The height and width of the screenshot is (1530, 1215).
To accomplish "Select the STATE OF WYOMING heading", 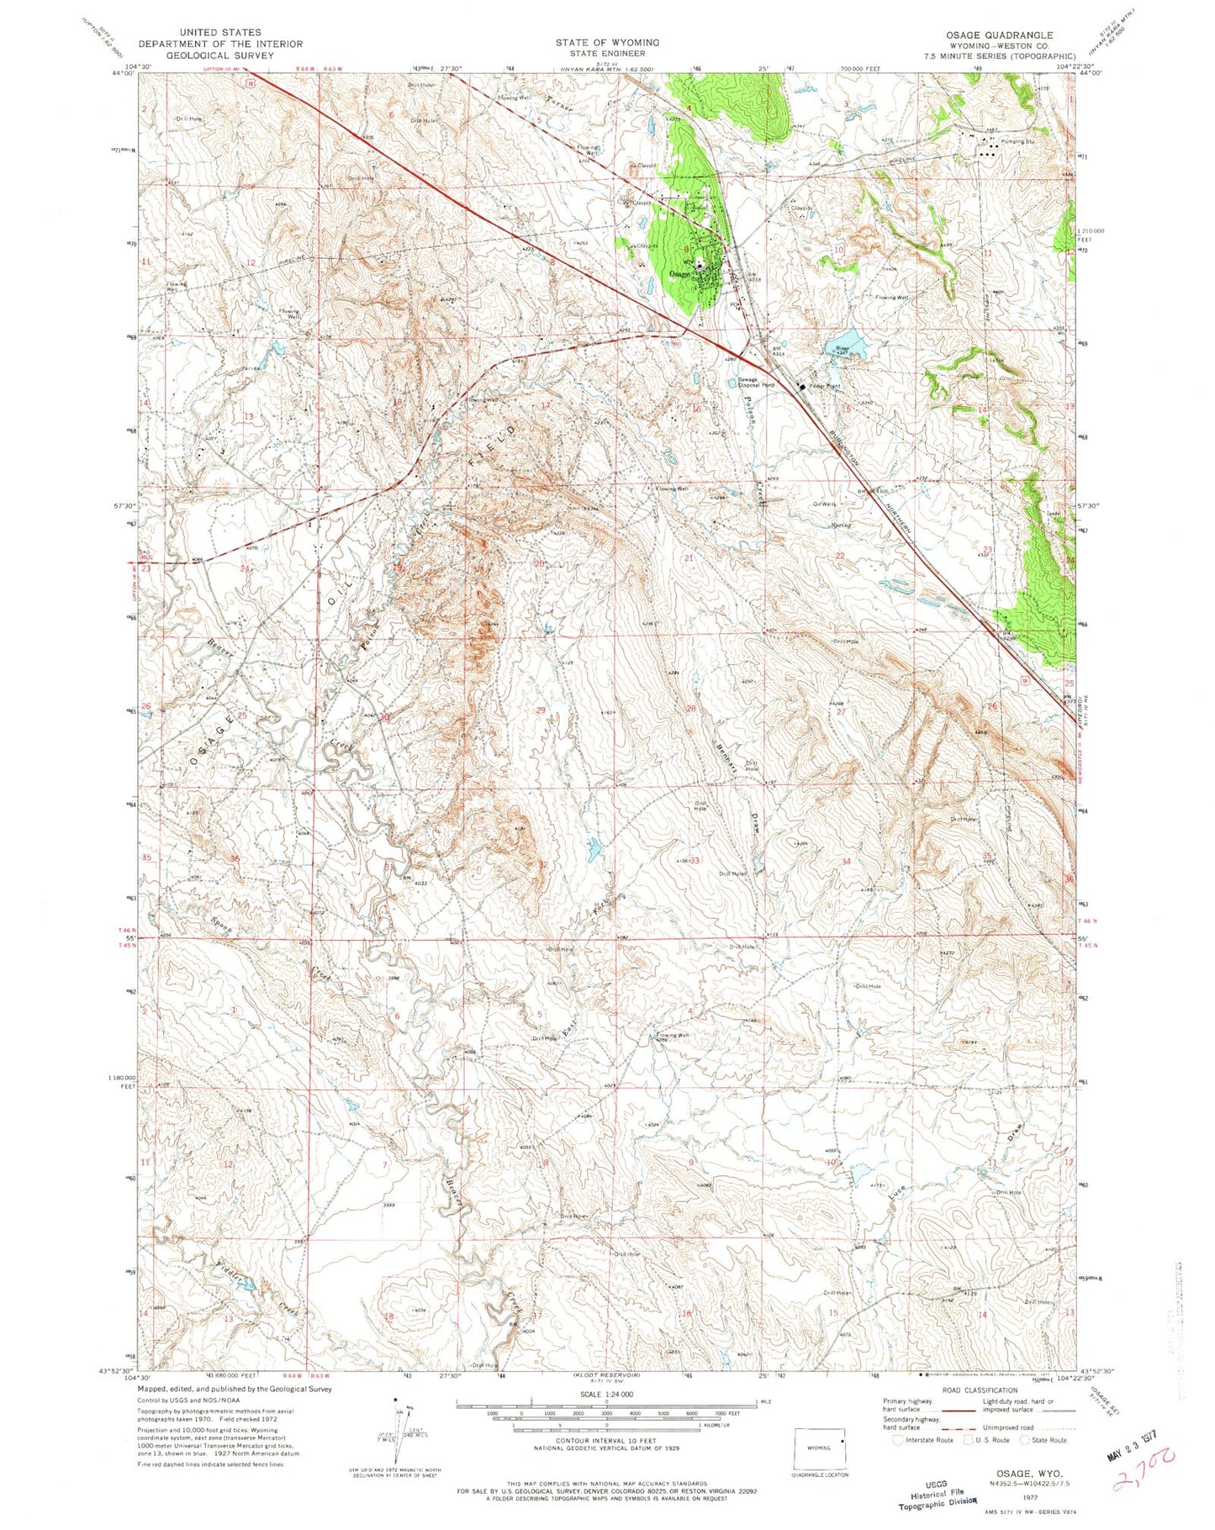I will pyautogui.click(x=606, y=42).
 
